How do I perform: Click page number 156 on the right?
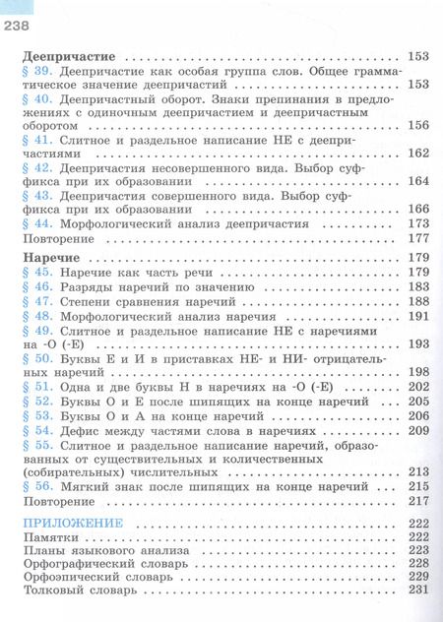point(417,125)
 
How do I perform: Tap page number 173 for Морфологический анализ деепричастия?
point(417,224)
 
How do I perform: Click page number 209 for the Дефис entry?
point(417,431)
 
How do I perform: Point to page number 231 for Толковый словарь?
point(417,590)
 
